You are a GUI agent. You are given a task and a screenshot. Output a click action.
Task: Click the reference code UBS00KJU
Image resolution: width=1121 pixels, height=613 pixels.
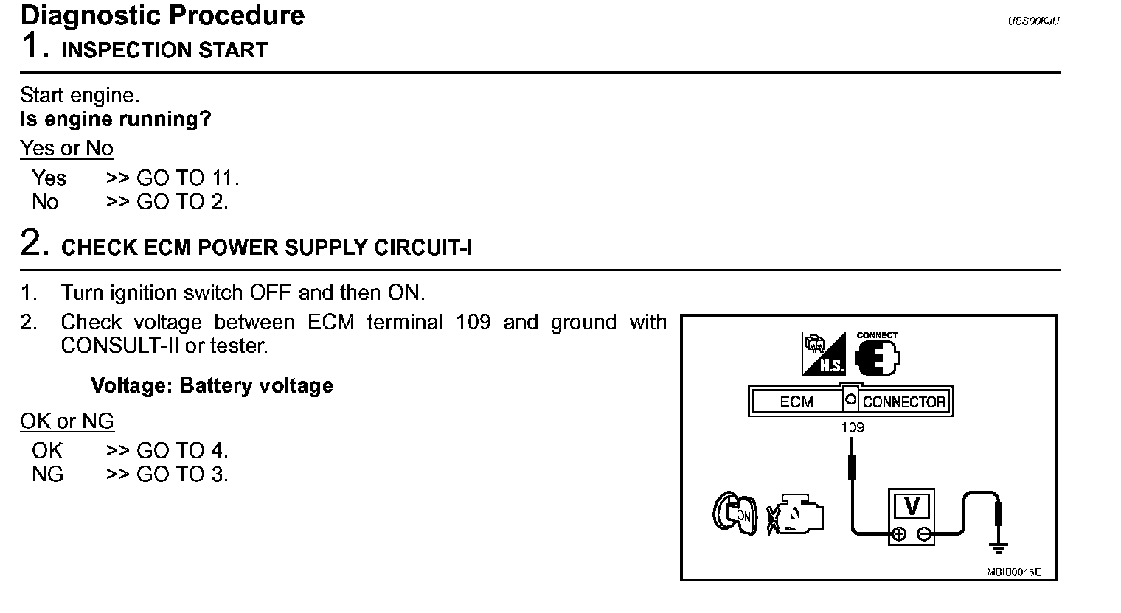(x=1033, y=21)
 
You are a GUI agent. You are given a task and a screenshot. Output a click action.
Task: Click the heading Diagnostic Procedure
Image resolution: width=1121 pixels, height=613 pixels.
(x=163, y=15)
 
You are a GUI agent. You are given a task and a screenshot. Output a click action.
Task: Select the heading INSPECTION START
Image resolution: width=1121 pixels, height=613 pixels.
(x=164, y=51)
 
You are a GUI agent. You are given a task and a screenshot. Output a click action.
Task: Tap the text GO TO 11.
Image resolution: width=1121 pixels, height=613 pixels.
(x=188, y=178)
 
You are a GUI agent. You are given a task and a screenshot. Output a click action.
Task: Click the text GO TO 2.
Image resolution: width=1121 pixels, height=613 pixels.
(x=182, y=202)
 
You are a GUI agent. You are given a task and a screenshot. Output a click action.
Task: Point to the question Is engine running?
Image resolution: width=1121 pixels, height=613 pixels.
(x=116, y=119)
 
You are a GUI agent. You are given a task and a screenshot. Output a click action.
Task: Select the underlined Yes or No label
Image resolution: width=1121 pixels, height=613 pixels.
(x=67, y=149)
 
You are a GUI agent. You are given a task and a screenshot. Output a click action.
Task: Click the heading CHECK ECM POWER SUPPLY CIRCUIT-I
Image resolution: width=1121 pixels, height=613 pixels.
(x=266, y=248)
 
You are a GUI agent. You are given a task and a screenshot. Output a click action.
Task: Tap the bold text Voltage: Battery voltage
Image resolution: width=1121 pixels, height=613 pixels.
(x=212, y=386)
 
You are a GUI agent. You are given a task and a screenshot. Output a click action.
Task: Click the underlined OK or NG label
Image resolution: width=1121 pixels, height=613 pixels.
(x=67, y=421)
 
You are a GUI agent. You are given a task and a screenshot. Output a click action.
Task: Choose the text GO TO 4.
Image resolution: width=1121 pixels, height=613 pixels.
(x=182, y=451)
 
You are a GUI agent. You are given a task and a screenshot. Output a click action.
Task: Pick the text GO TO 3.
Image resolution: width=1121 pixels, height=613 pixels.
(x=182, y=474)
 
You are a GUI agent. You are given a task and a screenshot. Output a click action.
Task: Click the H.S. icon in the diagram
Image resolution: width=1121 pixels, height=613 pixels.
(x=823, y=354)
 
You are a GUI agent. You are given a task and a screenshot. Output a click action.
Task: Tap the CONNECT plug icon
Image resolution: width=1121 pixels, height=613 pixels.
(x=877, y=356)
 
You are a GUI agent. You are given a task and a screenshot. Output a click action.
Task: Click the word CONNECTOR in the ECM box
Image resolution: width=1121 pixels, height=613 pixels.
(x=903, y=402)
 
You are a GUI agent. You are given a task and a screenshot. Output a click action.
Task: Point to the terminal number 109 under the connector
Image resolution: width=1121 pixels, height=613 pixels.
(x=852, y=427)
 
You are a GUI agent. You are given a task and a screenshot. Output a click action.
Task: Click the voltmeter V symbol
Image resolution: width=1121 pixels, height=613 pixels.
(x=912, y=507)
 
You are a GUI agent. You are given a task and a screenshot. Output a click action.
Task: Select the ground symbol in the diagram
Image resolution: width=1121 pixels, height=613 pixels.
(x=999, y=546)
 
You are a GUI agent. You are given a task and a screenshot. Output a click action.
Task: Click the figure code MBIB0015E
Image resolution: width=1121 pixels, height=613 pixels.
(x=1013, y=572)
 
